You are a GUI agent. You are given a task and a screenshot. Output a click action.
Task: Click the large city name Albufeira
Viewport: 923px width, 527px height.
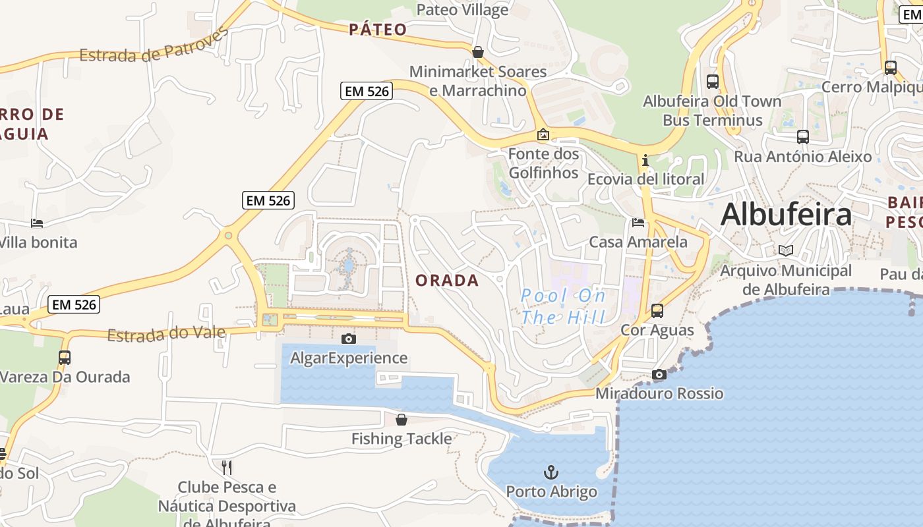(786, 215)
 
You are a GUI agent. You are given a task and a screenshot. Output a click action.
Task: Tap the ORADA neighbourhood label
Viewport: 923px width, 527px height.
(447, 281)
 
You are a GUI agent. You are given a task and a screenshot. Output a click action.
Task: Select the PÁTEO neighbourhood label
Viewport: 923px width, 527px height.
(378, 29)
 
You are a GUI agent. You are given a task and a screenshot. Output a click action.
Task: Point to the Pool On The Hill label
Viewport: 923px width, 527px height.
(563, 306)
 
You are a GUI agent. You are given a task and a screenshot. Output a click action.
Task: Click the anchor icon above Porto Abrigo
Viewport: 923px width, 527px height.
(551, 472)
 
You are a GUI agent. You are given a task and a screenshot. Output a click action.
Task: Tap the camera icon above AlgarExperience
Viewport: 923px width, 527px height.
(349, 339)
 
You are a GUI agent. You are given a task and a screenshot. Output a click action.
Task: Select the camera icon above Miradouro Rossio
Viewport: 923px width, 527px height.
(659, 374)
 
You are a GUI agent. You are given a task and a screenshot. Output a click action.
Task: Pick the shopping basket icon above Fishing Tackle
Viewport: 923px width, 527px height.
(402, 420)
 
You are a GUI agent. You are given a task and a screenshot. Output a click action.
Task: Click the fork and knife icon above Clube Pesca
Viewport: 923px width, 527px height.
(227, 468)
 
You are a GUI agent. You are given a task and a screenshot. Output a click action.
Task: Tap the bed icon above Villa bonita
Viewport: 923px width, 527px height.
(37, 223)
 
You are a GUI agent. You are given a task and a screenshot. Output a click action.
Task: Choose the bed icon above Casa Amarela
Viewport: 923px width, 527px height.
(638, 223)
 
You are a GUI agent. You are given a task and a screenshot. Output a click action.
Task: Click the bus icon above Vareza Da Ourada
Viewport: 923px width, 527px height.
(64, 358)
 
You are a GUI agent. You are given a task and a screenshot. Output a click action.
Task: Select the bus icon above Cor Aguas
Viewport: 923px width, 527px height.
(657, 311)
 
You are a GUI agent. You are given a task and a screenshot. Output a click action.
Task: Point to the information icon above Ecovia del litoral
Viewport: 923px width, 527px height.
(645, 160)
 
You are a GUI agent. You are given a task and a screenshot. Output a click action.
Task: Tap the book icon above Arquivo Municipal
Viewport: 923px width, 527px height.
(785, 250)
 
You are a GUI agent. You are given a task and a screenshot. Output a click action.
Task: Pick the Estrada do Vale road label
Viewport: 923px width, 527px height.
(166, 334)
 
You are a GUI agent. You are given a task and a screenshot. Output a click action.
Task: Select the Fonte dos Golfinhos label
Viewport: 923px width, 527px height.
(543, 163)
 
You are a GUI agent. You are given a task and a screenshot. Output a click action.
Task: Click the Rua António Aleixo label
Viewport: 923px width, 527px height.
(802, 157)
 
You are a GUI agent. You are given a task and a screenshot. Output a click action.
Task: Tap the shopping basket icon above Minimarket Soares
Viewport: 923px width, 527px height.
(478, 52)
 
